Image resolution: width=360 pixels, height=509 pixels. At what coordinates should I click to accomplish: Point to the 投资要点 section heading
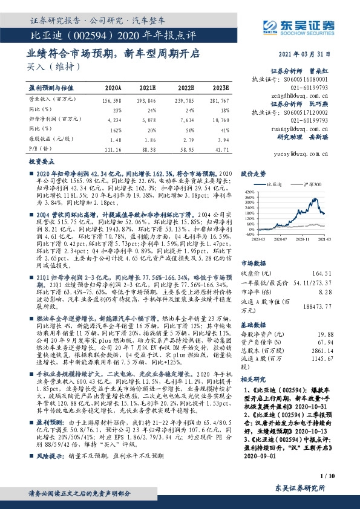point(39,163)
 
